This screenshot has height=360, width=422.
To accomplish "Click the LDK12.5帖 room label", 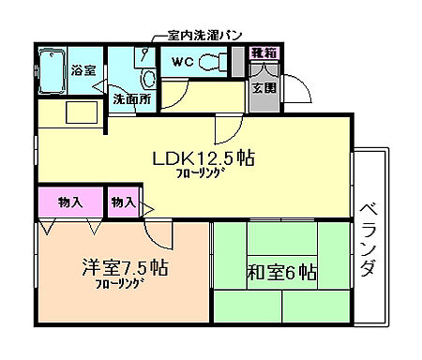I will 203,157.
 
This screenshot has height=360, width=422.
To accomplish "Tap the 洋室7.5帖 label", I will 123,268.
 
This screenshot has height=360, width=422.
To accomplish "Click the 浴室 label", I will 83,68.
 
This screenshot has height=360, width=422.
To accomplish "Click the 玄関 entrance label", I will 264,89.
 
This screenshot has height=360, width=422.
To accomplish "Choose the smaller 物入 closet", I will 123,202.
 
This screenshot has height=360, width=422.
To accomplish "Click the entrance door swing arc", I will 298,91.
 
